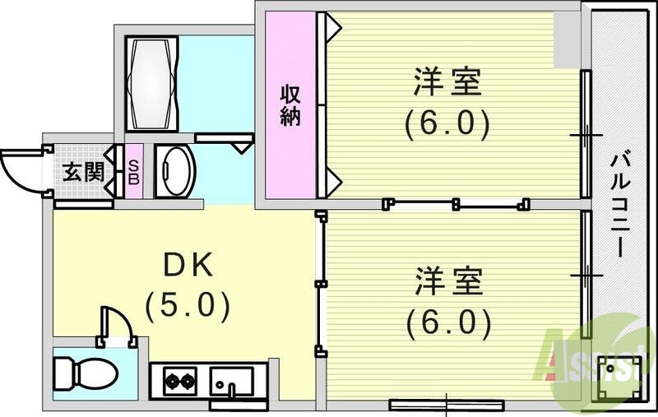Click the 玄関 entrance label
coord(83,173)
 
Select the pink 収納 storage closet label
coord(290,105)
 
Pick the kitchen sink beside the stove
coord(231,382)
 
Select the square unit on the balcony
coord(615,378)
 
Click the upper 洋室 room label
coord(447,84)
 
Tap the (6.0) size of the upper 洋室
coord(447,125)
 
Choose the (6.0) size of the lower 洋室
coord(447,320)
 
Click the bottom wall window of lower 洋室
coord(446,404)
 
